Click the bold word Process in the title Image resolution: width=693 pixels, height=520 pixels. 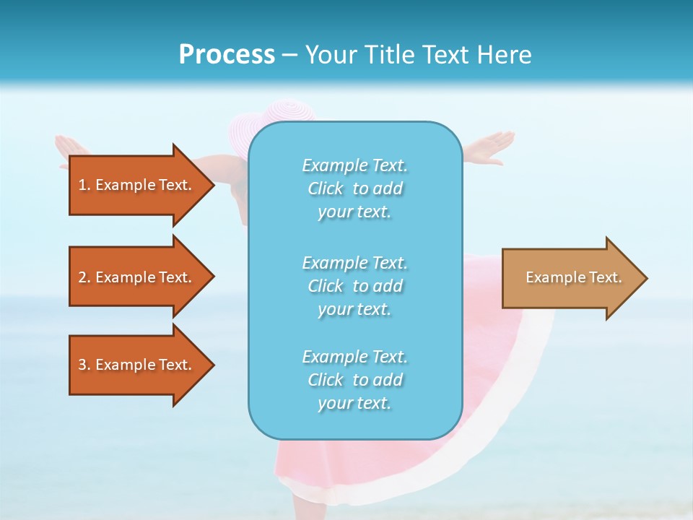tap(227, 55)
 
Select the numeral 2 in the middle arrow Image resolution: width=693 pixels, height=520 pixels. tap(82, 277)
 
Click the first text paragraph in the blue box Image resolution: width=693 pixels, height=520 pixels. tap(354, 188)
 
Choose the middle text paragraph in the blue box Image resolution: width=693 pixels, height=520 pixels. tap(354, 286)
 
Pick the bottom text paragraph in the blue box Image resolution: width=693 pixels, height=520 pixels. tap(354, 380)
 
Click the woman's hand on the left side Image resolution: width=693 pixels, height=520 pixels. tap(69, 144)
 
